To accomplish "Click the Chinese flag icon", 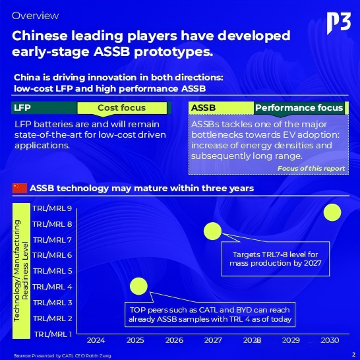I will [20, 189].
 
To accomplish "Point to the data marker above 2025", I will [138, 286].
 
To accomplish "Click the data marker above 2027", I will [212, 231].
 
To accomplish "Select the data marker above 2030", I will [332, 212].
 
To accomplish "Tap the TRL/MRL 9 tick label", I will [52, 208].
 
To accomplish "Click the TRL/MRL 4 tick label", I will [52, 287].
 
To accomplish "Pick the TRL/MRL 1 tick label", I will [52, 334].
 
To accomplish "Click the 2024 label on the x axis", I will [96, 341].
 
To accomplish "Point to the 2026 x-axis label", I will [174, 341].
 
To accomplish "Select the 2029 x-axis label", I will [291, 341].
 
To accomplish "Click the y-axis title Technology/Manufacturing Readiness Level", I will [22, 270].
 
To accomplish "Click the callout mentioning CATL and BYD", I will [209, 315].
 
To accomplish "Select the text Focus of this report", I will [311, 169].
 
